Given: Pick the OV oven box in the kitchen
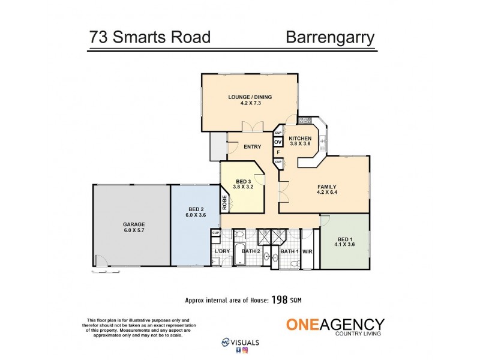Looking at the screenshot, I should (x=278, y=142).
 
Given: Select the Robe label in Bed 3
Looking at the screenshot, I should (x=225, y=202).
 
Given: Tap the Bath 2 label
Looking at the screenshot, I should (x=250, y=251).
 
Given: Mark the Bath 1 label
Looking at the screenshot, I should (x=289, y=251).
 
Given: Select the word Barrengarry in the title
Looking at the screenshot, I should (x=330, y=37).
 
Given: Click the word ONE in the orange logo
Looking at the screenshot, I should (x=304, y=325).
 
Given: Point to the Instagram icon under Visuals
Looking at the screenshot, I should (x=245, y=350).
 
